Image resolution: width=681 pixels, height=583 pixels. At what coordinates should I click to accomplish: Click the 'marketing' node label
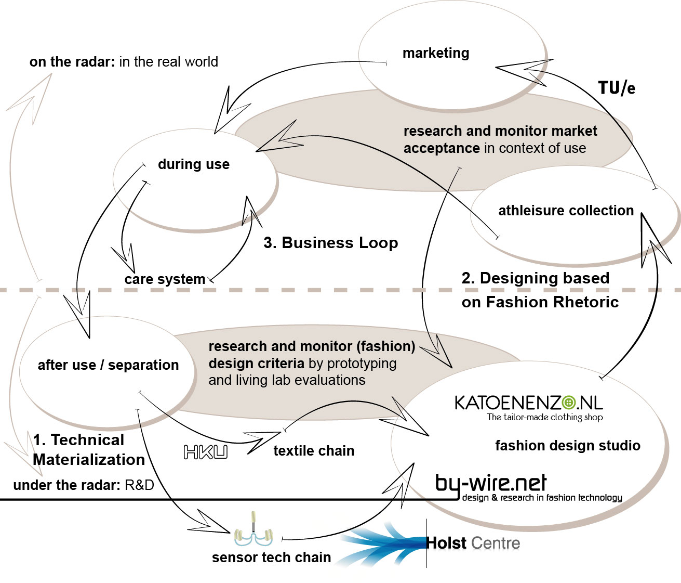tap(436, 53)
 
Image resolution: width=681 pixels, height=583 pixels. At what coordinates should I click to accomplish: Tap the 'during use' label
tap(194, 164)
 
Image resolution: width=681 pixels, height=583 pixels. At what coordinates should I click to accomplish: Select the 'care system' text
tap(165, 279)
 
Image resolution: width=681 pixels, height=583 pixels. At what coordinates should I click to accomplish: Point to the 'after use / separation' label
tap(108, 365)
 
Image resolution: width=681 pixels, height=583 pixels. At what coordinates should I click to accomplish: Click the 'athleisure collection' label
tap(566, 211)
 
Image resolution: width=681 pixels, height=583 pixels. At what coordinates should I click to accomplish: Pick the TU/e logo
tap(616, 88)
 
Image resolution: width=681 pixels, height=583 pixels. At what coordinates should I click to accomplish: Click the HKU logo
tap(206, 452)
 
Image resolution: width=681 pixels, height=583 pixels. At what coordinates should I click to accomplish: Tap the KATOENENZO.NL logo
tap(528, 403)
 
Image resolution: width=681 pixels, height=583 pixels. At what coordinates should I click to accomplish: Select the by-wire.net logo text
tap(491, 483)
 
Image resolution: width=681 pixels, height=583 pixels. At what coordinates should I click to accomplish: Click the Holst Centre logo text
tap(473, 543)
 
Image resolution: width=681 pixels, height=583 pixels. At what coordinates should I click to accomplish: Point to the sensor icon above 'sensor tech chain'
tap(253, 530)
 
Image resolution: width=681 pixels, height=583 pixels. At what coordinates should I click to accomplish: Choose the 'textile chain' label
tap(314, 451)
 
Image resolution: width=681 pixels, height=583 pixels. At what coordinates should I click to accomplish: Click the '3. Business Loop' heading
tap(331, 243)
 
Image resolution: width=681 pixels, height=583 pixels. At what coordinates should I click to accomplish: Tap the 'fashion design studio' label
tap(567, 446)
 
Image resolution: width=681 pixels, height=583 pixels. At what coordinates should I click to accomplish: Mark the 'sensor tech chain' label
tap(271, 558)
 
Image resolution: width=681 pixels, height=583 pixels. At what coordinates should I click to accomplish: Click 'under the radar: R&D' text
tap(84, 485)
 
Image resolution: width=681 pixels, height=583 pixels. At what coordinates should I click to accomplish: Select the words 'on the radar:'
tap(72, 62)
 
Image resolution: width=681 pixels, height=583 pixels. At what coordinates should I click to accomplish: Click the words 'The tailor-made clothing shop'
tap(544, 417)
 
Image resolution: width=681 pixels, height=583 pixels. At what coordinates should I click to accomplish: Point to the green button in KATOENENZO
tap(569, 403)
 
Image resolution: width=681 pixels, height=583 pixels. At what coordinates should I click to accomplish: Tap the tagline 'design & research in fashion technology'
tap(542, 498)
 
